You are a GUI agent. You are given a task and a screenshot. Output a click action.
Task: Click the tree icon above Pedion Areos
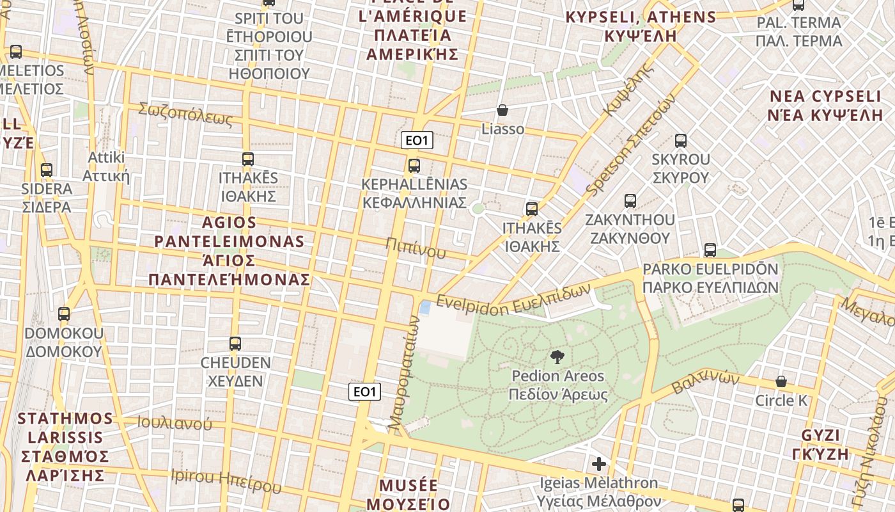point(557,357)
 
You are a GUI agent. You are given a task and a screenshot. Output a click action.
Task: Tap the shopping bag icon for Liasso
point(502,110)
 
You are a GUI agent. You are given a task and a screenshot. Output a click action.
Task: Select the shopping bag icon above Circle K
point(781,381)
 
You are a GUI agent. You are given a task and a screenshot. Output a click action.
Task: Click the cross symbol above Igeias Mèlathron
point(598,464)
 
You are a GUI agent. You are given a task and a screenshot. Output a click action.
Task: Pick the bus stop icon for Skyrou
point(681,141)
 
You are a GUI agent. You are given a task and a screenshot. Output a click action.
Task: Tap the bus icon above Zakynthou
point(630,201)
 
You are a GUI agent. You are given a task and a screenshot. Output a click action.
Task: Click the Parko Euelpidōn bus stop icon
point(710,250)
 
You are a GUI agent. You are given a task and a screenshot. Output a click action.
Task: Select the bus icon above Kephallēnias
point(414,166)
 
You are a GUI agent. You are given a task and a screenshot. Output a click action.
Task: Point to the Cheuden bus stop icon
point(235,344)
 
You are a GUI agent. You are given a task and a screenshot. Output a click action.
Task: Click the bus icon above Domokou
point(64,314)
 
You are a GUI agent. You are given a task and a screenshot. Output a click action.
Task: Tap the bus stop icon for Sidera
point(47,170)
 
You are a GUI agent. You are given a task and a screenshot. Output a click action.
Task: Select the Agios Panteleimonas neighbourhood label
point(229,251)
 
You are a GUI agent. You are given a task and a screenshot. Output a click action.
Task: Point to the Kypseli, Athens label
point(641,26)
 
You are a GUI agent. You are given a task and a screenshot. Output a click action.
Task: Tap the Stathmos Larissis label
point(65,446)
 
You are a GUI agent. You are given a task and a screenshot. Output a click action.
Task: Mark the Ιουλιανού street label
point(175,423)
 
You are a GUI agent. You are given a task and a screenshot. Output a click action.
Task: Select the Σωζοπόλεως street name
point(185,114)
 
